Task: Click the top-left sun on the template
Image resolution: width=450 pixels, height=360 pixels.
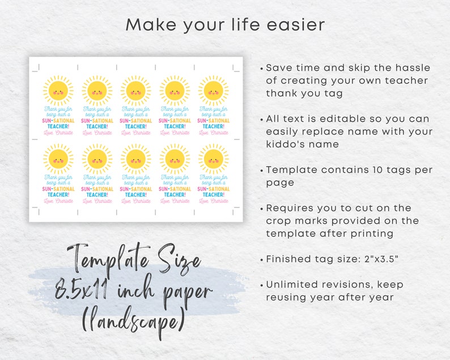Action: tap(58, 90)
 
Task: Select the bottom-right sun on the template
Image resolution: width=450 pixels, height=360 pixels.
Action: tap(213, 158)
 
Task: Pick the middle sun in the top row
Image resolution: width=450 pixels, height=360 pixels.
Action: tap(136, 90)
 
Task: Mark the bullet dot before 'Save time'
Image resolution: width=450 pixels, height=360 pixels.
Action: tap(261, 68)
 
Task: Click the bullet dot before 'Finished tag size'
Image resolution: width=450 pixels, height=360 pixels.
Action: tap(261, 260)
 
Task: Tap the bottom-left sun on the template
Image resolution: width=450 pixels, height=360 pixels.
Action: tap(58, 158)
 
